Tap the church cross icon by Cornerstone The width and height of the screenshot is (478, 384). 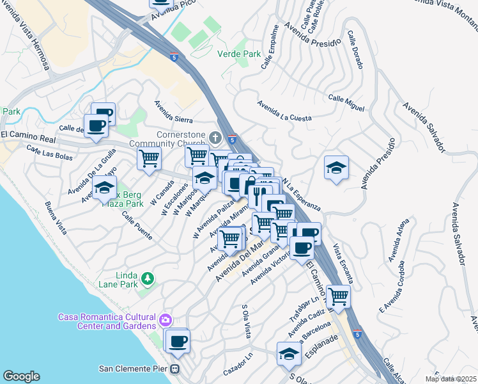coord(216,138)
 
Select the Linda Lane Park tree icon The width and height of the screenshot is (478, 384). coord(148,278)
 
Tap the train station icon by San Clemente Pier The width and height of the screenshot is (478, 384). coord(174,369)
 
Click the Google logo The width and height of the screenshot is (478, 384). coord(21,376)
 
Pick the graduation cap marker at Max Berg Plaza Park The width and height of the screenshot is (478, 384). coord(104,188)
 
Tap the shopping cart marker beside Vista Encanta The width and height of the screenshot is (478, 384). coord(338,296)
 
